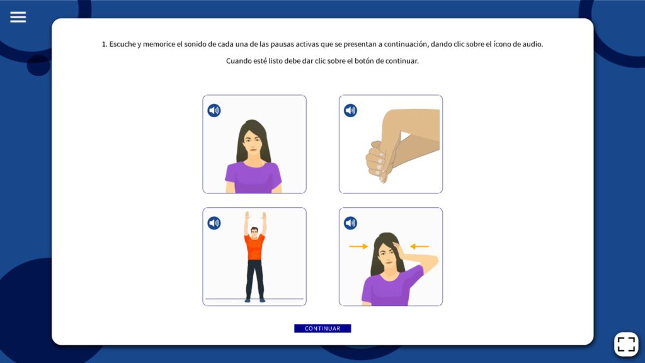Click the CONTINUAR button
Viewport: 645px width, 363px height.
click(322, 328)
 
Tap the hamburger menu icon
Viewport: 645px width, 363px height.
click(18, 17)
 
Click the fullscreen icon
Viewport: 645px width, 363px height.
click(626, 344)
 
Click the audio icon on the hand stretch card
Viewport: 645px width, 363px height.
click(350, 110)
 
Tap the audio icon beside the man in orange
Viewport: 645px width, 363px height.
click(214, 223)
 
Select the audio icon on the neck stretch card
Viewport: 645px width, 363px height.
click(350, 223)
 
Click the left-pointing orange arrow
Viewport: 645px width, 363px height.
click(420, 246)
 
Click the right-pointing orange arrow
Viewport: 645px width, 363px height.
click(358, 246)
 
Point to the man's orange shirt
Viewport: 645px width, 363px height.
click(254, 247)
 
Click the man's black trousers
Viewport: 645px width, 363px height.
click(254, 279)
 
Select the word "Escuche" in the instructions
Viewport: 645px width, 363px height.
click(122, 44)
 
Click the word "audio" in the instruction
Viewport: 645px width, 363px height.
click(533, 44)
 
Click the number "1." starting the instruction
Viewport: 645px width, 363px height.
click(105, 44)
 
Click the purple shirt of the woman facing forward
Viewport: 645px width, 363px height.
click(253, 177)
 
